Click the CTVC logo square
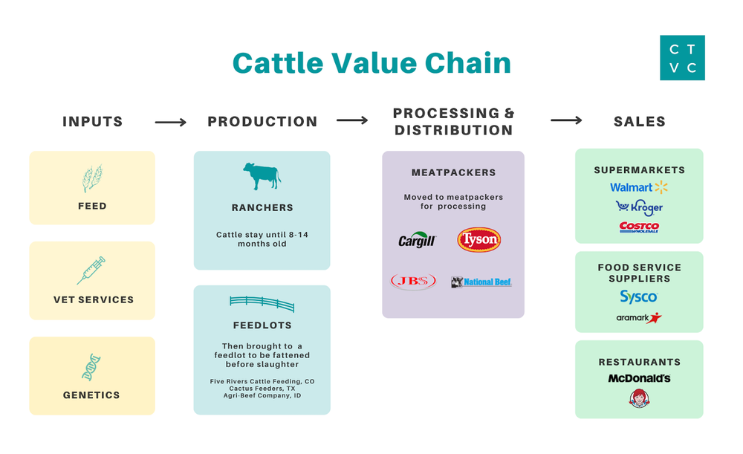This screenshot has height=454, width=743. click(682, 58)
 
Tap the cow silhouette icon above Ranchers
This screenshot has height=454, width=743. click(262, 177)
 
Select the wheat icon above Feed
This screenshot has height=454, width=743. click(92, 179)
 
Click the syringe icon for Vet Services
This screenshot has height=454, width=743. click(91, 270)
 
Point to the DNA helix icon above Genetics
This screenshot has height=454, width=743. click(92, 367)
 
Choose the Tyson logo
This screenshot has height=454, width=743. click(478, 240)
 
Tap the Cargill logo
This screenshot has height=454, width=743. click(417, 241)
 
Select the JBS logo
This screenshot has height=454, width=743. click(413, 282)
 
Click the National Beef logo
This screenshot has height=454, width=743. click(481, 282)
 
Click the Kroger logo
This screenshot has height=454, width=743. click(639, 207)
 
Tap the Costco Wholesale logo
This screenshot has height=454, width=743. click(639, 227)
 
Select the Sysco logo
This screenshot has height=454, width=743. click(639, 297)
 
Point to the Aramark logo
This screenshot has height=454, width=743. click(639, 318)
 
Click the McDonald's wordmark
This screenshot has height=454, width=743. click(639, 378)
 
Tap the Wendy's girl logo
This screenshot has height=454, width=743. click(639, 399)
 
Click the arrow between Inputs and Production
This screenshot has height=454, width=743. click(170, 122)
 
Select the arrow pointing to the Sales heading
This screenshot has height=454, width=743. click(566, 120)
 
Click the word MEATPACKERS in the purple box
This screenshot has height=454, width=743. click(453, 172)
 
